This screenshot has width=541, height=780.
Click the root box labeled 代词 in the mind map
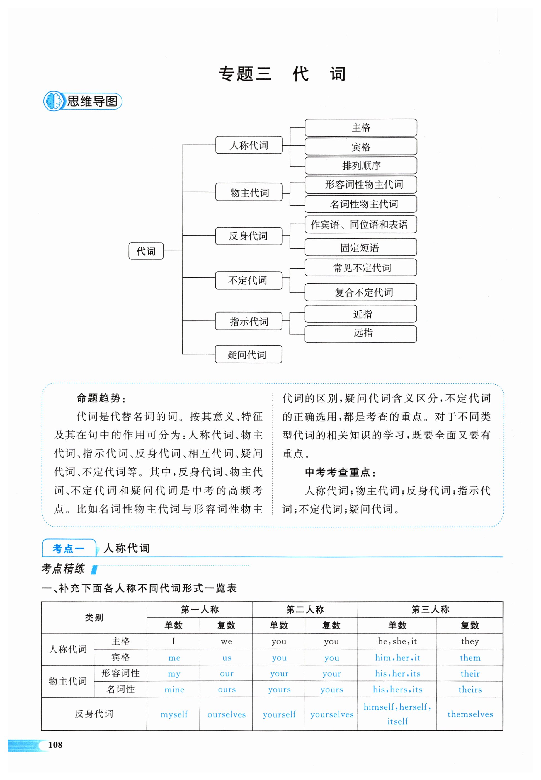[x=146, y=251]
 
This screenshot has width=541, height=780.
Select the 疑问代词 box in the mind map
[x=248, y=354]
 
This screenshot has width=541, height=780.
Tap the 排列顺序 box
[x=361, y=165]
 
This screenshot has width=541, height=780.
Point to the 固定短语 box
[x=361, y=247]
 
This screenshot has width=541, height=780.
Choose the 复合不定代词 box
[x=361, y=292]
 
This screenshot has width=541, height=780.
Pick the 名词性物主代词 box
[x=361, y=204]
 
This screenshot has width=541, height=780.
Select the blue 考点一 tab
[x=69, y=548]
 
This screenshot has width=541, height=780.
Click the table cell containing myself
[x=174, y=714]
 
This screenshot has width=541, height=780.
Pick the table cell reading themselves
[x=470, y=714]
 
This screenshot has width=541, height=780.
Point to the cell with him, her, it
[x=397, y=658]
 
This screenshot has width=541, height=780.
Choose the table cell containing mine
[x=174, y=689]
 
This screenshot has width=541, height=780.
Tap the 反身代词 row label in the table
[x=94, y=714]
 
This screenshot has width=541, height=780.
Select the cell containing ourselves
[x=226, y=714]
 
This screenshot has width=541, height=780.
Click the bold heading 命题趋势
[x=101, y=398]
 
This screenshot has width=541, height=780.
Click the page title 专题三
[x=245, y=74]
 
